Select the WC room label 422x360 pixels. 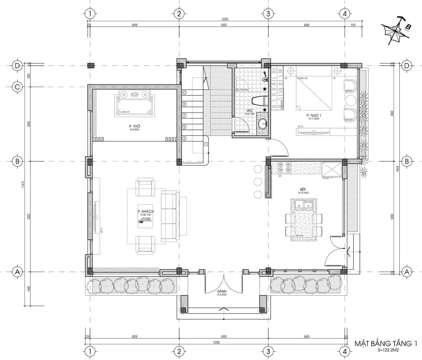(x=250, y=111)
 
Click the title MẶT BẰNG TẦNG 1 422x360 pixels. (x=386, y=343)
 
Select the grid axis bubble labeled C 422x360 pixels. (x=17, y=87)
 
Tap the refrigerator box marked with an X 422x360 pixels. (x=331, y=170)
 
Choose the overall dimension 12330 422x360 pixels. (x=218, y=342)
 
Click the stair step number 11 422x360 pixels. (x=184, y=92)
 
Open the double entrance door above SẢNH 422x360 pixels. (x=223, y=283)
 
